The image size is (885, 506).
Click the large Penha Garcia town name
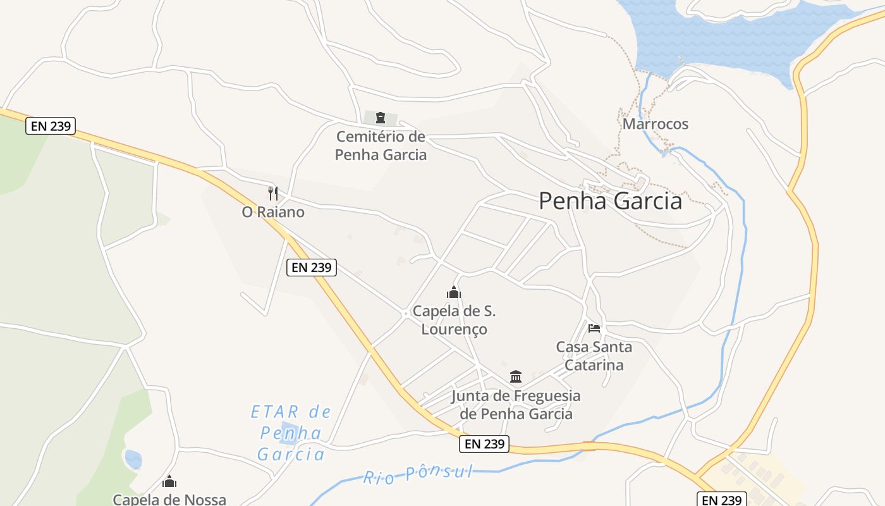pos(610,201)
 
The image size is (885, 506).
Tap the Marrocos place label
pos(656,123)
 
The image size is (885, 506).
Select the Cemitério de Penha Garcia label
pos(381,145)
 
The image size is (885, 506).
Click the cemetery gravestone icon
pos(381,118)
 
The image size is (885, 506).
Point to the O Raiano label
pos(273,212)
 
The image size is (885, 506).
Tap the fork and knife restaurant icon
pos(273,193)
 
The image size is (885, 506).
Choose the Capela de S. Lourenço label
pos(454,320)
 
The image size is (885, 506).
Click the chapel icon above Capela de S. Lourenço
pos(454,292)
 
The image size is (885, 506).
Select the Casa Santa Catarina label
pos(594,355)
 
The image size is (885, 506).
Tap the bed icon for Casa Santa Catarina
pos(594,328)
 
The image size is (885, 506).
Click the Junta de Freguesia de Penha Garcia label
pos(516,405)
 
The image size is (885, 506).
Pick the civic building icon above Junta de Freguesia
pos(516,377)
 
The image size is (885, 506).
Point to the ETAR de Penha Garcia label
pos(291,433)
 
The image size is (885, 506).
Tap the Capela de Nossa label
pos(169,499)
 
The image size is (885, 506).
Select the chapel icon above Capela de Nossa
pos(169,482)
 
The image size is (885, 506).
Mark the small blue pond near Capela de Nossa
pos(133,460)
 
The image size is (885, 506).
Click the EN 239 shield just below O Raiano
pos(312,268)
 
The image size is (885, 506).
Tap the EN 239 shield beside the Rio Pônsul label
pos(484,444)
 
